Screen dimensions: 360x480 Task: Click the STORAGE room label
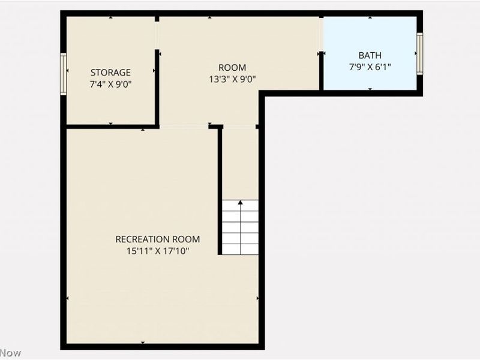[x=110, y=73]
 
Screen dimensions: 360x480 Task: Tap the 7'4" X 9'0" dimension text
[x=110, y=85]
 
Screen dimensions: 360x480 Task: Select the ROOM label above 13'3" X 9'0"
[x=232, y=68]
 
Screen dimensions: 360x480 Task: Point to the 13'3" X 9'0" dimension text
[x=232, y=79]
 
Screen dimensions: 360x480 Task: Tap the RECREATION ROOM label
[x=158, y=239]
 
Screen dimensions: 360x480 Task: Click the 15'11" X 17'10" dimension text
[x=158, y=251]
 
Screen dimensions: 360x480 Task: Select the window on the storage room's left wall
[x=63, y=74]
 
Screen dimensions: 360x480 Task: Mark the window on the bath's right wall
[x=420, y=53]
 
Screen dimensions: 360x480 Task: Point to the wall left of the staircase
[x=220, y=192]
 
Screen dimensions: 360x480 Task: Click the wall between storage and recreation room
[x=111, y=127]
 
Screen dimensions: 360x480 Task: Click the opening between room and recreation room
[x=184, y=126]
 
